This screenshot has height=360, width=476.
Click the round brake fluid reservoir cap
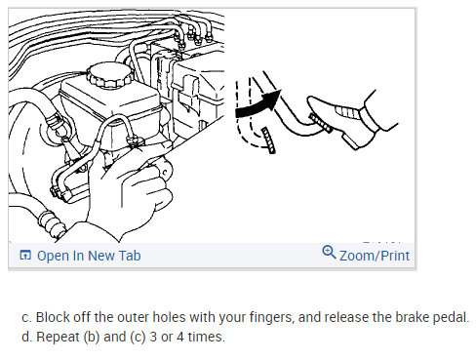(110, 75)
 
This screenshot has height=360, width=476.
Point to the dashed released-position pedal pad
(269, 140)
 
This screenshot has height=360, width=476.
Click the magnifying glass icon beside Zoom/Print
(329, 252)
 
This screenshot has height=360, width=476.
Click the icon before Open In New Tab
(25, 256)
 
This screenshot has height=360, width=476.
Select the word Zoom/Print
(375, 256)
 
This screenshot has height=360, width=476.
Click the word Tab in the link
(130, 256)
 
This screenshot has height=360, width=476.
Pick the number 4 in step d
(180, 337)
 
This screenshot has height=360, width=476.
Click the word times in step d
(206, 337)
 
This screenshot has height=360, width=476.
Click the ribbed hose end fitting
(52, 221)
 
